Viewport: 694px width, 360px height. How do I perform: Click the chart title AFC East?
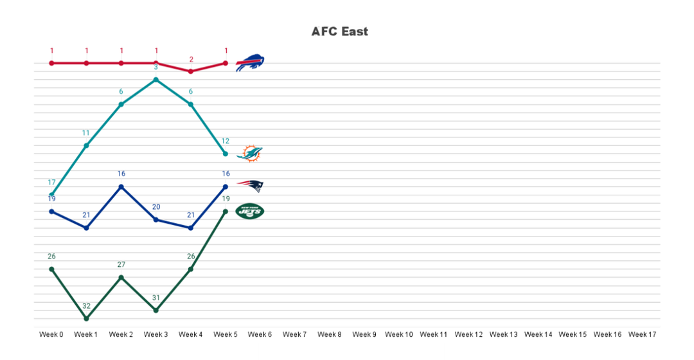(339, 32)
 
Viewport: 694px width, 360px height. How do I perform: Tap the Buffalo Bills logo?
(250, 63)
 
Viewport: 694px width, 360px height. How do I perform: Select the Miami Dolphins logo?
(250, 154)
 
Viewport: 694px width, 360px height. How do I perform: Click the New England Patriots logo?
(250, 186)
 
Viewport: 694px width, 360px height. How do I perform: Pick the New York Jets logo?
(250, 211)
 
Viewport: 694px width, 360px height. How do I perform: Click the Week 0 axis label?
(51, 334)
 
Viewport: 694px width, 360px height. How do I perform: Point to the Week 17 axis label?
(642, 334)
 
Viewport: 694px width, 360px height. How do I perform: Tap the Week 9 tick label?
(364, 334)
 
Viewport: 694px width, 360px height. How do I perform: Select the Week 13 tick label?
(503, 334)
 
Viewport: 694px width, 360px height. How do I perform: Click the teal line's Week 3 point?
(156, 80)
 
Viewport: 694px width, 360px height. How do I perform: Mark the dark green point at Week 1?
(86, 318)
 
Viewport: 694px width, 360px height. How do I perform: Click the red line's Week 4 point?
(191, 71)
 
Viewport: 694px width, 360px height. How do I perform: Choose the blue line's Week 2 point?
(121, 186)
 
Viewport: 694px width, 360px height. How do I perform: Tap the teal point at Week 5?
(226, 154)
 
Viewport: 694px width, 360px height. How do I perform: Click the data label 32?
(86, 306)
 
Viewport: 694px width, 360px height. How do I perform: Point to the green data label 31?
(156, 298)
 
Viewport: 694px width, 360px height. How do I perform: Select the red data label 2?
(191, 59)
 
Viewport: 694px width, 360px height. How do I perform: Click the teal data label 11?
(86, 133)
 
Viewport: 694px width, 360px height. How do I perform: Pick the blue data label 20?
(156, 207)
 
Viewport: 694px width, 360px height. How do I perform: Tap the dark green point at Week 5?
(226, 211)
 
